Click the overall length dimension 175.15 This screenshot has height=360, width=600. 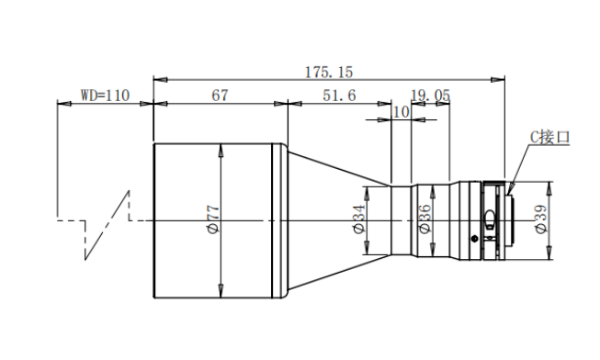(x=329, y=72)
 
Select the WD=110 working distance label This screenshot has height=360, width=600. (x=105, y=96)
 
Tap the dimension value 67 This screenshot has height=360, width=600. (x=220, y=96)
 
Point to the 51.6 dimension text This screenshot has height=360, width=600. (x=339, y=96)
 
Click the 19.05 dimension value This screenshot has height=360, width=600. (x=431, y=96)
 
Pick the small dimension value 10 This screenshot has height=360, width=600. (x=401, y=112)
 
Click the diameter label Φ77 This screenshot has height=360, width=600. (x=213, y=219)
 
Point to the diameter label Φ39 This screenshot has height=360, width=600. (x=540, y=219)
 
